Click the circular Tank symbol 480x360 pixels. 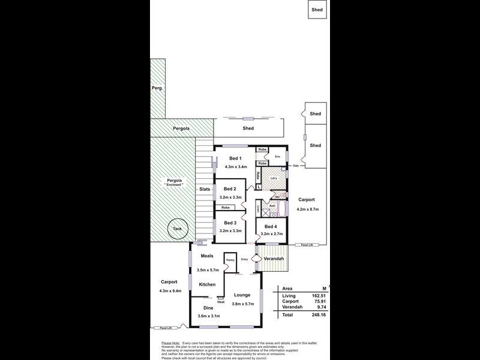coord(177,229)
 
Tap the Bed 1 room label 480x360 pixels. coord(235,158)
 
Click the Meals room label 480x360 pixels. coord(207,256)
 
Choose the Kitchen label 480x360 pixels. coord(207,284)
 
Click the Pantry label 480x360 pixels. coord(230,260)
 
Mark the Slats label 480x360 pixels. coord(205,189)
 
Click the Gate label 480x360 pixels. coord(296,166)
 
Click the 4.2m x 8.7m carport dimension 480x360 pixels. coord(307,209)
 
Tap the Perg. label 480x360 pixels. coord(157,89)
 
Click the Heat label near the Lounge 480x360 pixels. coord(221,302)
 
